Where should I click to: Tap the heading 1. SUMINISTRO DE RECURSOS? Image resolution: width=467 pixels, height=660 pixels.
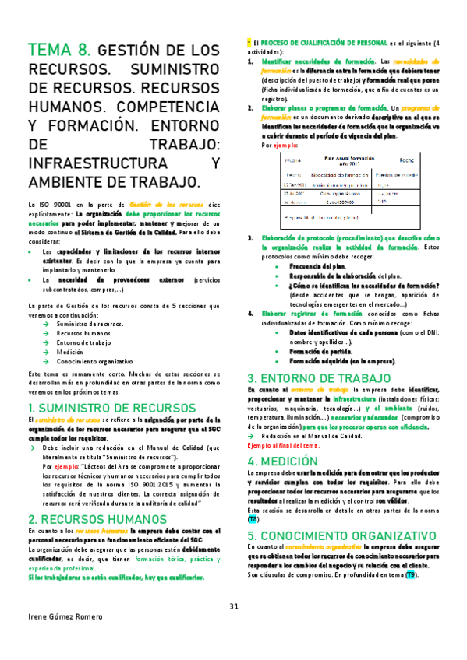111,408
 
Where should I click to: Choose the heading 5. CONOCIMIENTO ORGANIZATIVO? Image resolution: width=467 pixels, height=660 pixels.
341,535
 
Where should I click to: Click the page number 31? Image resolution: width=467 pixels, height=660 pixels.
234,607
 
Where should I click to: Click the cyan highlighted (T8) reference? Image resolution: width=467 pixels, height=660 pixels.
255,519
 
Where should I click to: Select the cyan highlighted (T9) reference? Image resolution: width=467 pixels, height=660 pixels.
411,575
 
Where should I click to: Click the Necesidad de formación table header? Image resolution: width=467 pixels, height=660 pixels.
317,175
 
